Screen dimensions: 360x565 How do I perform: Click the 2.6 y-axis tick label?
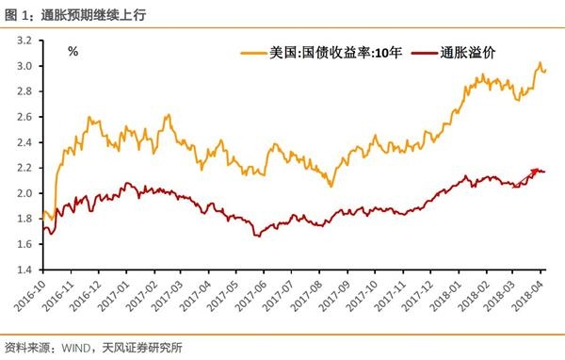click(24, 118)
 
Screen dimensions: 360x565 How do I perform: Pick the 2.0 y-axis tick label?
click(24, 193)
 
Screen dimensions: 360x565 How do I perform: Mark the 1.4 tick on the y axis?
click(24, 270)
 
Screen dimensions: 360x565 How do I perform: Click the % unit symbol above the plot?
click(73, 51)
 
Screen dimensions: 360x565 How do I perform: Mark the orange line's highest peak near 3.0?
click(540, 63)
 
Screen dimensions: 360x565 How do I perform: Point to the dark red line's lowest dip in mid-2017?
click(256, 235)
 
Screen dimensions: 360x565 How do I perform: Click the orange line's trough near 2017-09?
click(331, 186)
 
